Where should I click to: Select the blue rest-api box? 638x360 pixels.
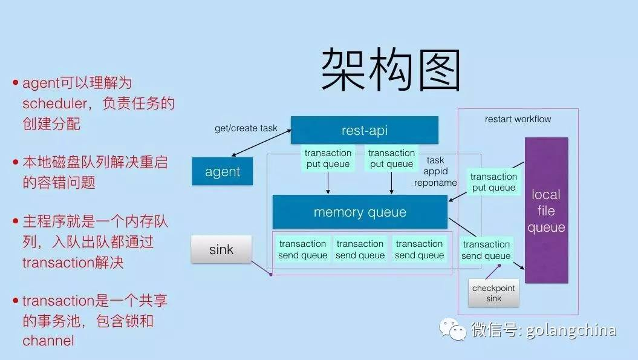tap(364, 130)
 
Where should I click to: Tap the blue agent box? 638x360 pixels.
tap(223, 171)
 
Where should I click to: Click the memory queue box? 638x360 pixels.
tap(360, 212)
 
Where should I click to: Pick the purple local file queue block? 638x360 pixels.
tap(546, 211)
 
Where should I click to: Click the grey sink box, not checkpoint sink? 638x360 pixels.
tap(221, 249)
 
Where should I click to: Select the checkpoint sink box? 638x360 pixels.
tap(493, 293)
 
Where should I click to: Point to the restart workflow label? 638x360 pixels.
tap(518, 119)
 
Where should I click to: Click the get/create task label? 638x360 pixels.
tap(246, 128)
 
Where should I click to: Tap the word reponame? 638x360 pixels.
tap(435, 182)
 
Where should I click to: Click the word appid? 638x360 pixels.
tap(435, 171)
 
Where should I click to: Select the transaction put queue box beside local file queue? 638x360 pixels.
tap(493, 182)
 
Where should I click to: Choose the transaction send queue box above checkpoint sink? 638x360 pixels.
tap(486, 250)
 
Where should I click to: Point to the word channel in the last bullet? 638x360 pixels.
tap(48, 340)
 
